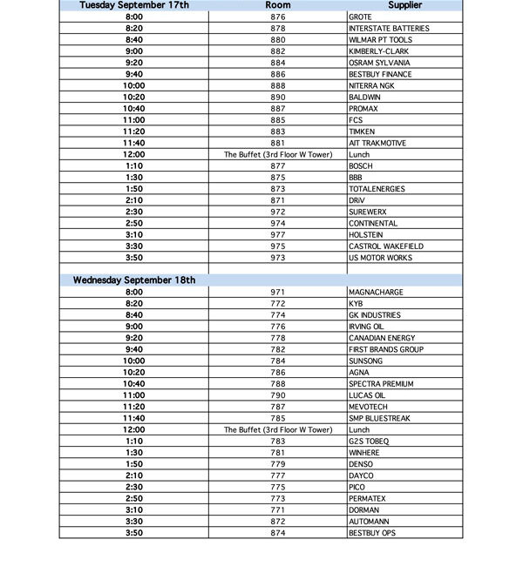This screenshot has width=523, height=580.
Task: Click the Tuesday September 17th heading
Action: (x=134, y=5)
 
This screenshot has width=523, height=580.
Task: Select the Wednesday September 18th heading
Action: (x=134, y=280)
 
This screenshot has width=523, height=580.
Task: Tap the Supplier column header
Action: (x=405, y=5)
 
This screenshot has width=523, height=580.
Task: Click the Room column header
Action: (x=277, y=5)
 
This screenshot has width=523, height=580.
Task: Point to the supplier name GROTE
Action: (x=360, y=17)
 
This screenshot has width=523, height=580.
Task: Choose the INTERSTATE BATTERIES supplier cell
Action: (x=388, y=29)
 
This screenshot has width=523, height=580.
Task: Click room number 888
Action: (x=277, y=86)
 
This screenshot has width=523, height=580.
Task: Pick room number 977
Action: (x=277, y=235)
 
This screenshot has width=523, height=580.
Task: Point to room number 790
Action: (x=277, y=395)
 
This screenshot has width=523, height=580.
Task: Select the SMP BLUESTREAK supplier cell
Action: (x=378, y=418)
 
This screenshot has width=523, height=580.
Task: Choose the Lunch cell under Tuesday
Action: (x=359, y=155)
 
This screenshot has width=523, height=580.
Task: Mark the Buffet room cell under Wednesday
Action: (x=277, y=429)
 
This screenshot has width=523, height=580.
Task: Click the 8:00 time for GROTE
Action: (x=134, y=17)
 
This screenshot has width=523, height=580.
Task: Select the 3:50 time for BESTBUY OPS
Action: (x=134, y=532)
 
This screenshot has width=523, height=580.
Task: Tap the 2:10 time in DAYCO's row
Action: (x=134, y=475)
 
